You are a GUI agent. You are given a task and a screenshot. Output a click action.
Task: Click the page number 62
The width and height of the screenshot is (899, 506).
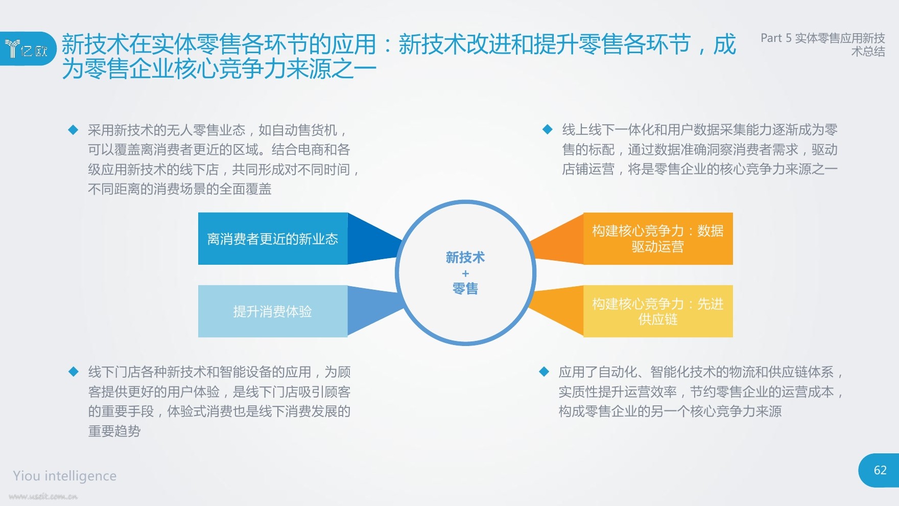880,470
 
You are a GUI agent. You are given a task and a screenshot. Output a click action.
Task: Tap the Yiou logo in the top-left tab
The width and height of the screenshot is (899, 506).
27,49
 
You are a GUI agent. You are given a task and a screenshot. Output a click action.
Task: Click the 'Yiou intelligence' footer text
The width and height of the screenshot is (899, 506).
65,476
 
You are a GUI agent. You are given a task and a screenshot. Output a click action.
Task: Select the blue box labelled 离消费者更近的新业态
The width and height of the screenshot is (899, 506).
273,239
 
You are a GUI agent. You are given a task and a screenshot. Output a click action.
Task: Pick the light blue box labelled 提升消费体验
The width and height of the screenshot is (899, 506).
273,311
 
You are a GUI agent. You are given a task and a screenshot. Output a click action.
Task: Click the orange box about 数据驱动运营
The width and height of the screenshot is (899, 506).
658,239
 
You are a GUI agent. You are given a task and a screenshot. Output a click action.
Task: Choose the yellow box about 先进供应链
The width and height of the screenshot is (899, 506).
658,311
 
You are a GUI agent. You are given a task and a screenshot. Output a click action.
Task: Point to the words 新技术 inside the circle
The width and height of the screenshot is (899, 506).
465,257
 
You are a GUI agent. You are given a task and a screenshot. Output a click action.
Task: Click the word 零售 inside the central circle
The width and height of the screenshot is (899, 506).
465,289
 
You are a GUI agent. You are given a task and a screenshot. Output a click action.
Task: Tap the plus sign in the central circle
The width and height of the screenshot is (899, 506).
465,273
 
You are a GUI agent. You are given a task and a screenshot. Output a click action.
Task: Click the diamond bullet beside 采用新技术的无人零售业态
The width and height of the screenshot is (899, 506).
74,130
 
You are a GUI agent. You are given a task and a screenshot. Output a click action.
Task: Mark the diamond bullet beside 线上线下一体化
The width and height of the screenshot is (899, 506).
548,129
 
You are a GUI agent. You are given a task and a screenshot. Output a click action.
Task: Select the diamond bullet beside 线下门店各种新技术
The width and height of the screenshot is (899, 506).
74,372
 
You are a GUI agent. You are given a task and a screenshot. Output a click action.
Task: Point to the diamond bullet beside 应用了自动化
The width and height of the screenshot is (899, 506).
544,372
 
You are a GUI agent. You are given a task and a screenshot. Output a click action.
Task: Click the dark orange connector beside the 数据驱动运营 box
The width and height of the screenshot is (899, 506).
557,239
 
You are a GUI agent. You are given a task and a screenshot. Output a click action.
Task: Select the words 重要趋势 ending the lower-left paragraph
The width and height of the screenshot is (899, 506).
114,431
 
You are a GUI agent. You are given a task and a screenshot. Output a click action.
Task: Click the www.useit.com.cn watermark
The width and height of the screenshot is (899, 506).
43,496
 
